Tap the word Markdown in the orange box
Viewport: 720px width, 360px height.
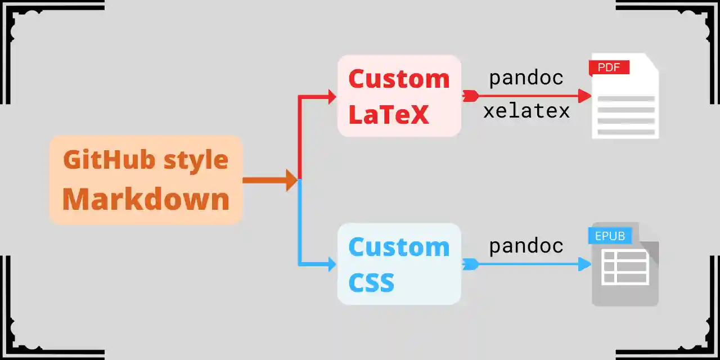pyautogui.click(x=146, y=199)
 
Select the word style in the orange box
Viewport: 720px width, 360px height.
pyautogui.click(x=196, y=160)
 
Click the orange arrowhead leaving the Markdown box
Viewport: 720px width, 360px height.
pyautogui.click(x=291, y=180)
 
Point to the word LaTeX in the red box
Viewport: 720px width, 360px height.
pyautogui.click(x=388, y=114)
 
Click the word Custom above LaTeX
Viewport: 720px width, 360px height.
pyautogui.click(x=399, y=79)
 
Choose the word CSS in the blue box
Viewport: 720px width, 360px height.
pyautogui.click(x=371, y=282)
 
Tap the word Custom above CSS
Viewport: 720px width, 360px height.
pyautogui.click(x=399, y=247)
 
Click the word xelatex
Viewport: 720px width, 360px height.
pyautogui.click(x=526, y=111)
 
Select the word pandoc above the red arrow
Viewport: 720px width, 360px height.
pyautogui.click(x=526, y=78)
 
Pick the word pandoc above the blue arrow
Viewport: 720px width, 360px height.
pyautogui.click(x=526, y=246)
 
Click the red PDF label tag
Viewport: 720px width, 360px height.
pyautogui.click(x=609, y=67)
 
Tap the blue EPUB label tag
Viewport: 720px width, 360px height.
pyautogui.click(x=610, y=236)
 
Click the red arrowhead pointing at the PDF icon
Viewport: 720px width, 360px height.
pyautogui.click(x=585, y=96)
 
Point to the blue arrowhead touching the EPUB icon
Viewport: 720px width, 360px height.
pyautogui.click(x=585, y=264)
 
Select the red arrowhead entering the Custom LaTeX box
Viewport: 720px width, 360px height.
pyautogui.click(x=332, y=97)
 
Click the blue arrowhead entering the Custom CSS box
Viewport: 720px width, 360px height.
pyautogui.click(x=332, y=264)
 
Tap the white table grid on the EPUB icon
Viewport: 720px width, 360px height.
pyautogui.click(x=624, y=267)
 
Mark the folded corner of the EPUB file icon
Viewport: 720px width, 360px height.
pyautogui.click(x=650, y=232)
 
